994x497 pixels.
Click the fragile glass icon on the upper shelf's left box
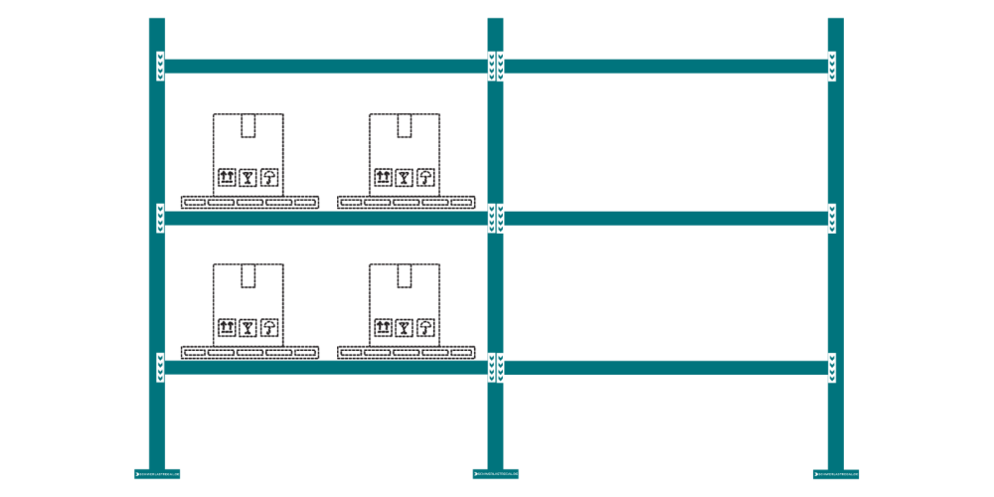[x=248, y=178]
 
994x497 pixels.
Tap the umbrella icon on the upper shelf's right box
[x=425, y=178]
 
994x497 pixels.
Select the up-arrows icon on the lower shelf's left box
[x=227, y=327]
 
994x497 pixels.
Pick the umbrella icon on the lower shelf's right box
[x=425, y=327]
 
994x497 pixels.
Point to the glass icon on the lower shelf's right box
[x=404, y=327]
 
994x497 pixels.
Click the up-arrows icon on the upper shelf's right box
[x=383, y=178]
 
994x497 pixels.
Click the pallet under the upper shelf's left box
[x=249, y=202]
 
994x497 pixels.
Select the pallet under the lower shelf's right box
[x=406, y=352]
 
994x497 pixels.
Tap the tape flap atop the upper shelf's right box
[x=405, y=125]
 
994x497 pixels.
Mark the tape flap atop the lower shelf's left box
[x=248, y=275]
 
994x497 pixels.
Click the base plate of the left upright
[x=157, y=474]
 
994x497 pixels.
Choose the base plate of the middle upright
[x=495, y=474]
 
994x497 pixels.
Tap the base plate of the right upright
[x=835, y=474]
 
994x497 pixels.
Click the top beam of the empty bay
[x=666, y=67]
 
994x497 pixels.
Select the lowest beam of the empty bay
[x=666, y=368]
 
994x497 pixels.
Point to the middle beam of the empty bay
[x=666, y=219]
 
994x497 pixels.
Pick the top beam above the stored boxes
[x=326, y=67]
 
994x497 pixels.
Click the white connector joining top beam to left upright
[x=160, y=67]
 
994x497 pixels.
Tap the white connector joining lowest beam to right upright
[x=832, y=368]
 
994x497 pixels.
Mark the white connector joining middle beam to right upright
[x=832, y=219]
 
